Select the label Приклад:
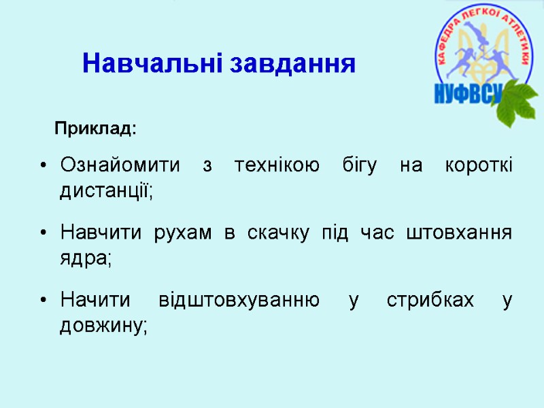point(96,128)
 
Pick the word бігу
point(360,167)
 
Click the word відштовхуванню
point(238,301)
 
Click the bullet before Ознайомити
point(44,167)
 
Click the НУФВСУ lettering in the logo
point(468,93)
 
